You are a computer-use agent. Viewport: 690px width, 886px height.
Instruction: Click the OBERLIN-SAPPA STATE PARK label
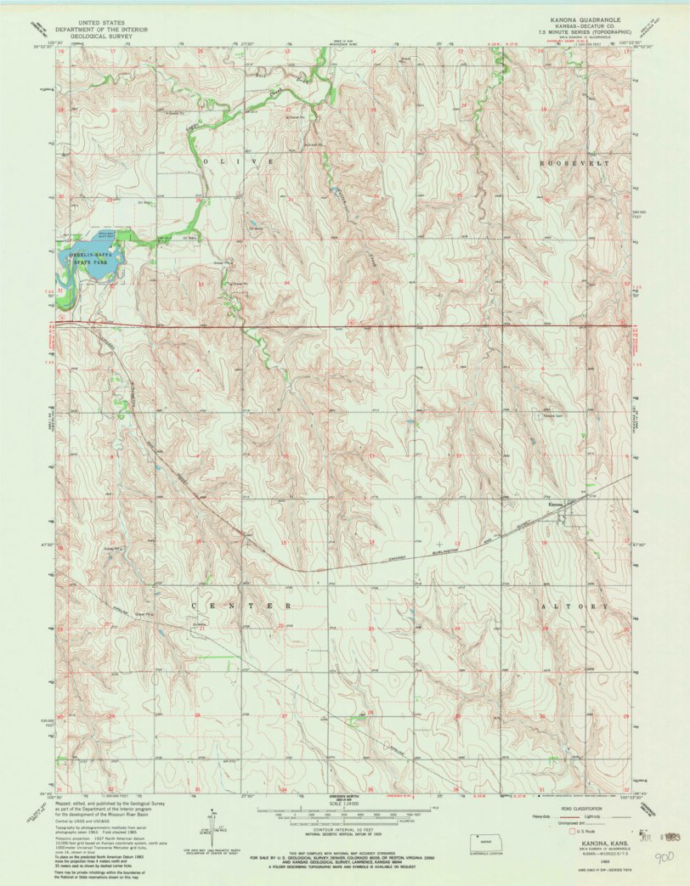click(x=93, y=252)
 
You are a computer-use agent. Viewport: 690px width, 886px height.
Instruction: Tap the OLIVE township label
click(x=237, y=161)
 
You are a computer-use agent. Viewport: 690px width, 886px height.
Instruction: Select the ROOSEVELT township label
click(x=574, y=161)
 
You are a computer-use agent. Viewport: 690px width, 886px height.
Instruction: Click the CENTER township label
click(x=242, y=606)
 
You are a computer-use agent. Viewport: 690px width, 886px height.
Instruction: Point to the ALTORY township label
click(x=575, y=607)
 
